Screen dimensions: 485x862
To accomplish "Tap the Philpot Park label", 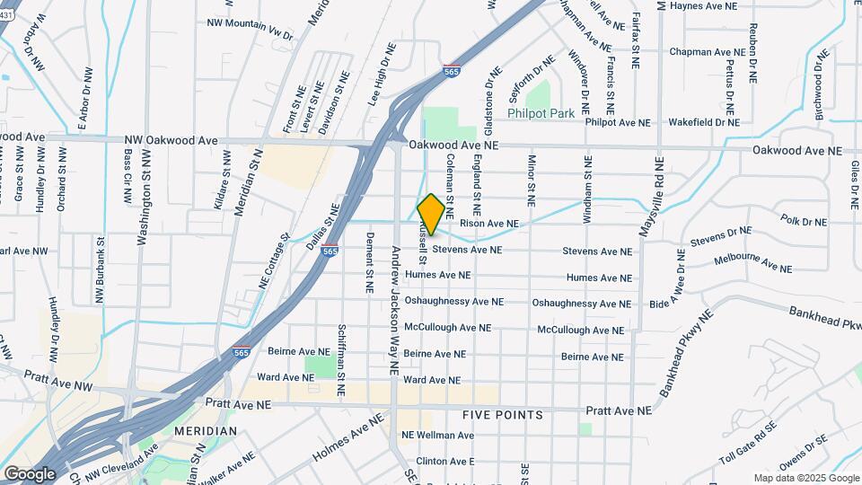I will click(x=540, y=114).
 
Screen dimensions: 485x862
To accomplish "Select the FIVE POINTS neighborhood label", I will click(x=503, y=415).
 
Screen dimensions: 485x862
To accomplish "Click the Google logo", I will click(x=30, y=473).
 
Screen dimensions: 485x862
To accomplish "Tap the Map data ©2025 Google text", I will click(x=805, y=478).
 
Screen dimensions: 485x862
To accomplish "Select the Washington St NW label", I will click(x=143, y=198).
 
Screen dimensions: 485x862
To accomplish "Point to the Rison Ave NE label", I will click(x=488, y=223).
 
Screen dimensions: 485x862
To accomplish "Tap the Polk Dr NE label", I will click(x=802, y=219).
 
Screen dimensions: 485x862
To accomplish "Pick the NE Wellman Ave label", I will click(x=437, y=436).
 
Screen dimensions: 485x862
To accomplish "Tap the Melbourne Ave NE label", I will click(x=752, y=263).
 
